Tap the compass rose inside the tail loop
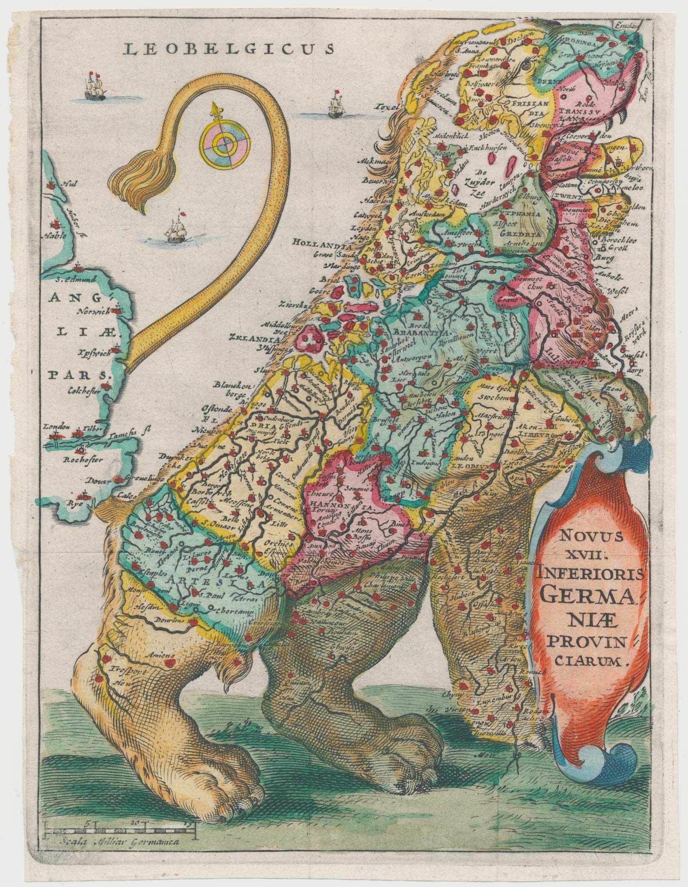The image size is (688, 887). (x=225, y=142)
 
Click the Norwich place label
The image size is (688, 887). (x=96, y=311)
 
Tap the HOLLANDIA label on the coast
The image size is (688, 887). (x=316, y=242)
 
